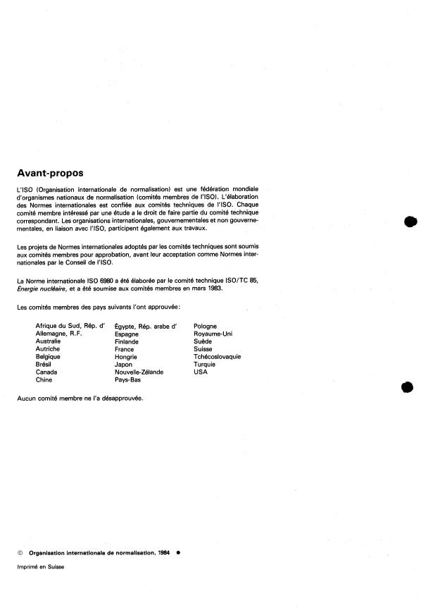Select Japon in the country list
coord(123,365)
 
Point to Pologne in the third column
coord(205,326)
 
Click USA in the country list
coord(200,372)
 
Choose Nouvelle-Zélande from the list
coord(139,372)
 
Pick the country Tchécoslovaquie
coord(217,357)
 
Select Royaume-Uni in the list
coord(213,334)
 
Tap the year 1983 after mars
coord(214,288)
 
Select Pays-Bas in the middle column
coord(129,379)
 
